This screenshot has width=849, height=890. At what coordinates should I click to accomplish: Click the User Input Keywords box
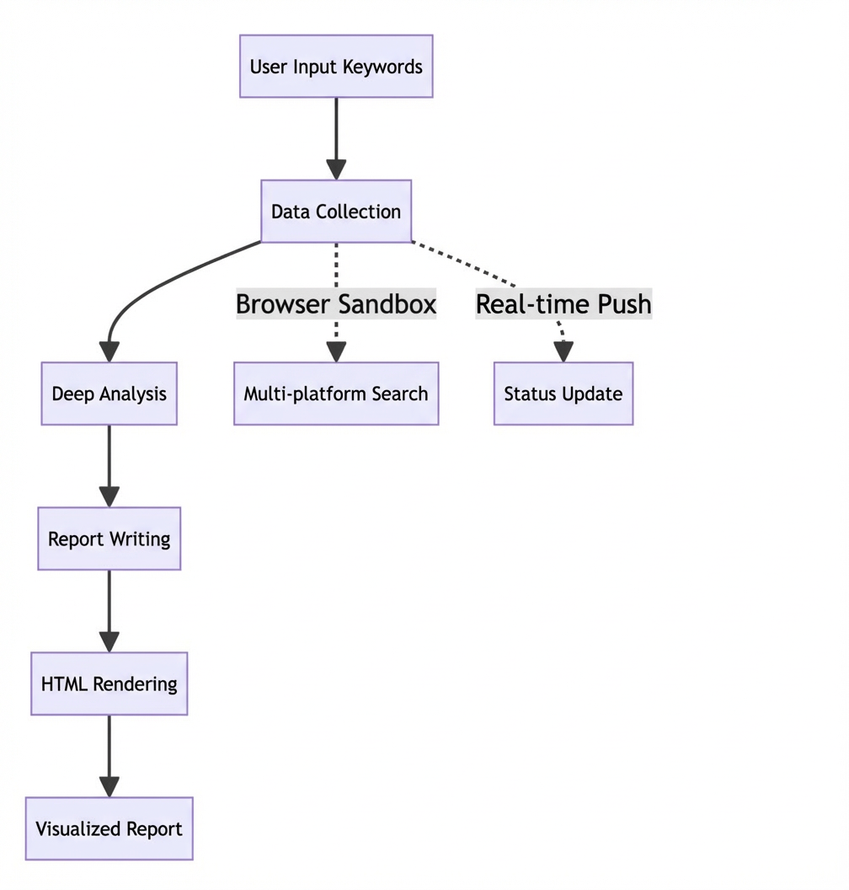coord(336,67)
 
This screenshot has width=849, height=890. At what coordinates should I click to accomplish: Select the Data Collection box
coord(336,212)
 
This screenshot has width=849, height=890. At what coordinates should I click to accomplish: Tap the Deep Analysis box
coord(109,394)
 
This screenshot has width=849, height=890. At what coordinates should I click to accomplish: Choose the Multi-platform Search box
coord(336,394)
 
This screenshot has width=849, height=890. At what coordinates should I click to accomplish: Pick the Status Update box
coord(563,394)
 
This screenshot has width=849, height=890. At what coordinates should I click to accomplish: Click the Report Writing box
coord(109,538)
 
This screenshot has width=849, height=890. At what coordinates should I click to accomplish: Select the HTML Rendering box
coord(109,684)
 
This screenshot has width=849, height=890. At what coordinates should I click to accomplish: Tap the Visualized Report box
coord(109,828)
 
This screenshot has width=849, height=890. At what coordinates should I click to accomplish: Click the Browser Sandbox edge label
coord(336,303)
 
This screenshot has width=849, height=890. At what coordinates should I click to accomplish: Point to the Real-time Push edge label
coord(563,303)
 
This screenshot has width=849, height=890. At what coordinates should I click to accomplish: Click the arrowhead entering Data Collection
coord(336,170)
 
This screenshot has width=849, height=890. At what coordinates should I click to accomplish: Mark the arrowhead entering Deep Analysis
coord(109,352)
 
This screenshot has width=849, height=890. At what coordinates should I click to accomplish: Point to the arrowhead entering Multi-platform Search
coord(336,352)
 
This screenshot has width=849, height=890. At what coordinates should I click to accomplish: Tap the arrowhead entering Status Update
coord(563,352)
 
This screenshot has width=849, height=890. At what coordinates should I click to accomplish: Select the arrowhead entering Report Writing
coord(109,497)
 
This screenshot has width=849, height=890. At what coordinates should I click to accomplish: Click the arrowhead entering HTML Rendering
coord(109,642)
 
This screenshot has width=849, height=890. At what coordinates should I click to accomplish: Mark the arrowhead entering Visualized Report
coord(109,787)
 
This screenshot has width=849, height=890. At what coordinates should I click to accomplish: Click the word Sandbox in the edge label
coord(388,303)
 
